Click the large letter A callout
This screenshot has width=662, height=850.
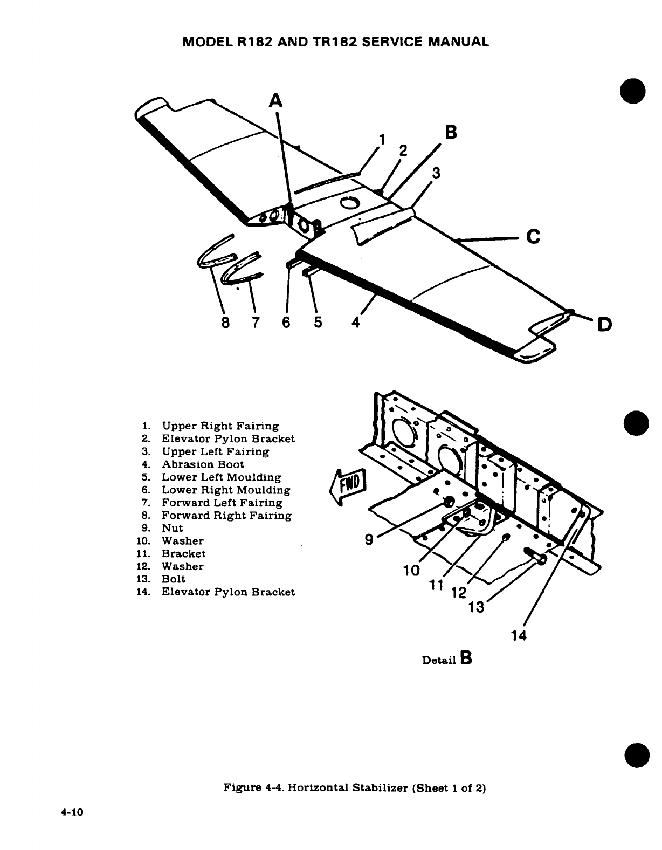point(275,101)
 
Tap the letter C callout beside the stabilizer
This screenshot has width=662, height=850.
point(533,237)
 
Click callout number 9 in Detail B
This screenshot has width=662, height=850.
point(369,539)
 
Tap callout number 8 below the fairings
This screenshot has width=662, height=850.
point(225,323)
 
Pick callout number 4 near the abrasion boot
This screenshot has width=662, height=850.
point(355,323)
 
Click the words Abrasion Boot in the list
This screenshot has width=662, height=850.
point(203,464)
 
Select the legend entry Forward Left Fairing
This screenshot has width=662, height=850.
point(222,503)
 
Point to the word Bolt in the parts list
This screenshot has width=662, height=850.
point(174,579)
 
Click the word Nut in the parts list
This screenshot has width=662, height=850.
point(173,528)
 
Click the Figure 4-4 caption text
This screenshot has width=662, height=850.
point(355,788)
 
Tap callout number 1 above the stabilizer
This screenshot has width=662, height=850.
point(381,140)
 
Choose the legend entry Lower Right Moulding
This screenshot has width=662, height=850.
point(226,490)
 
